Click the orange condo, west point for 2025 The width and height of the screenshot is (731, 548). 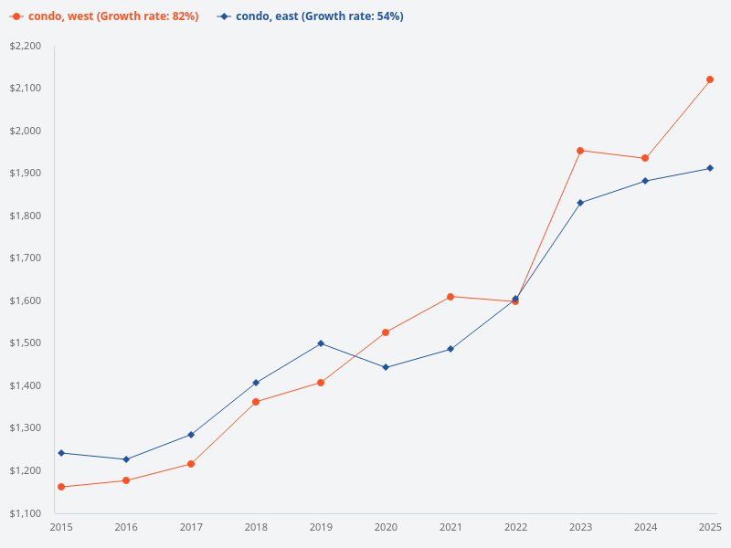[x=710, y=79]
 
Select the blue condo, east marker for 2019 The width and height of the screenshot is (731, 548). [x=321, y=343]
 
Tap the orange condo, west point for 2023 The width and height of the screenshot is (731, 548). [x=580, y=151]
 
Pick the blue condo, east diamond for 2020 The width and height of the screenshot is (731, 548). [x=386, y=367]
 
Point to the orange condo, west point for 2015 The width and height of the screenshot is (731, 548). [x=61, y=487]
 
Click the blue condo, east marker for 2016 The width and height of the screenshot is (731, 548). [x=126, y=459]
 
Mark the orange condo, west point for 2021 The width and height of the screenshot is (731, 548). [x=450, y=297]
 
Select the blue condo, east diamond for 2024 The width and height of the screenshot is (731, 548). [x=645, y=181]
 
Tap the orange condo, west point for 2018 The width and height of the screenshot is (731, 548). [x=256, y=402]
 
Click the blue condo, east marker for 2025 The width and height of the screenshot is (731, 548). [x=710, y=168]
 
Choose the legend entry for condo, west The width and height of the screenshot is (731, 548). [x=105, y=16]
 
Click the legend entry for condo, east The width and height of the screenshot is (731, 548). [x=311, y=16]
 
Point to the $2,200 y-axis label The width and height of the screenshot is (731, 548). [x=26, y=46]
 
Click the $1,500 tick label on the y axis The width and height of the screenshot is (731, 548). [x=26, y=343]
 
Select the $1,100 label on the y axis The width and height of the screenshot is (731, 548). [x=26, y=513]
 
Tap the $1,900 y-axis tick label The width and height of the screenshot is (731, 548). [x=26, y=174]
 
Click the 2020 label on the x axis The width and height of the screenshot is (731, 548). [x=386, y=527]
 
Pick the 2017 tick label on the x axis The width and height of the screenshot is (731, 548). [x=191, y=527]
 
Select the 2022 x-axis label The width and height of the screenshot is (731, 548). [x=515, y=527]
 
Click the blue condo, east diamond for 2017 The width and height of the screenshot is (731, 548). [x=191, y=435]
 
